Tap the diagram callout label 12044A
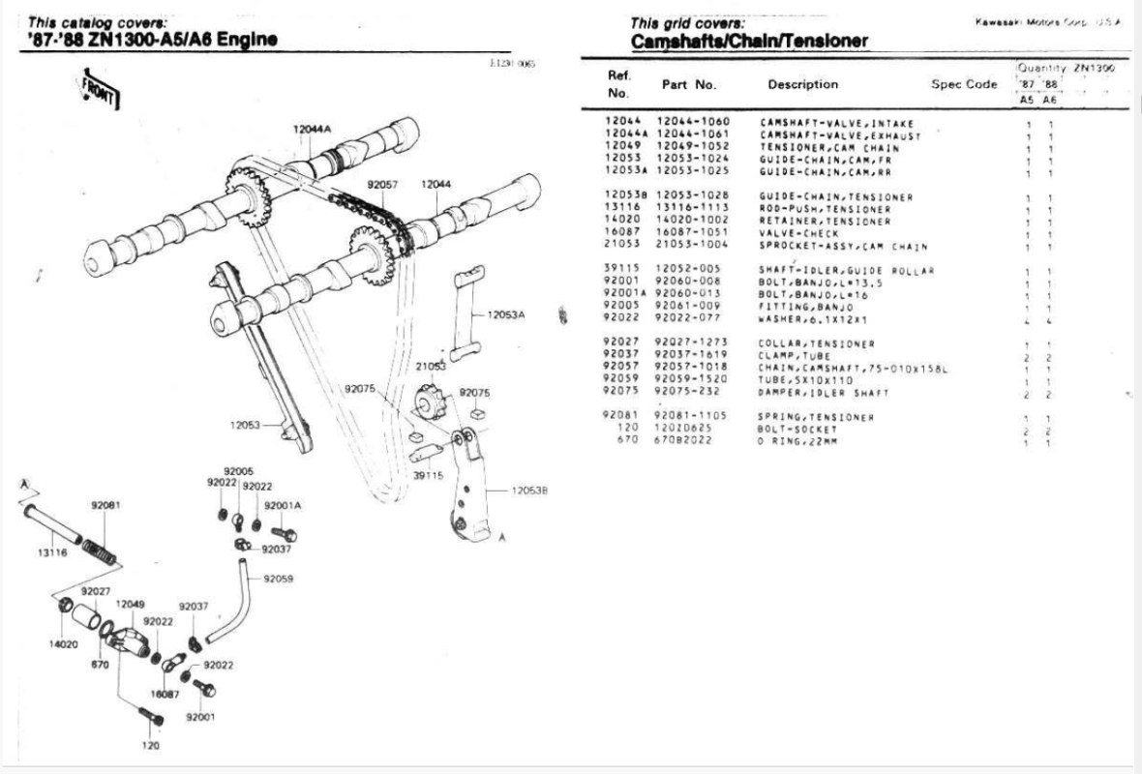313,130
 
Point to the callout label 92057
382,183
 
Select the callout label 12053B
528,491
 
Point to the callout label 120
150,746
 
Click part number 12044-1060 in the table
693,122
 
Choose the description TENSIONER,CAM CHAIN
823,146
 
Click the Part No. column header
688,84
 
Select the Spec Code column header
963,84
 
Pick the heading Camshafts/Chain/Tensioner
748,41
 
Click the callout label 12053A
504,314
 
